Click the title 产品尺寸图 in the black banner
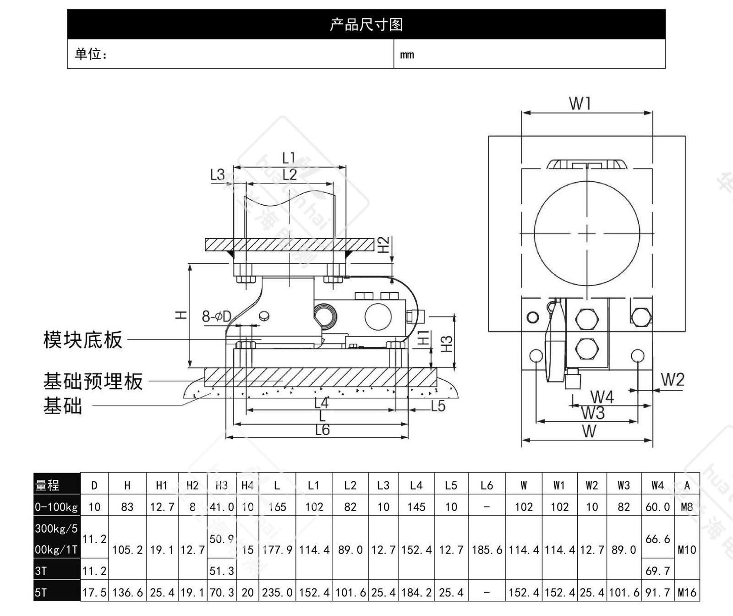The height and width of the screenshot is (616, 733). click(366, 24)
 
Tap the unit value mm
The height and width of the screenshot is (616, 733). click(407, 55)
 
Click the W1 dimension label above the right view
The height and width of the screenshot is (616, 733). click(580, 104)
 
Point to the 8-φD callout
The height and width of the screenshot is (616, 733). click(217, 316)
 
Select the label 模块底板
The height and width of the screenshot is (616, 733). click(83, 340)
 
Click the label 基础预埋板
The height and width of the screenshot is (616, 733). click(93, 381)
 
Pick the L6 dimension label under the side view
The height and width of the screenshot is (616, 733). click(323, 430)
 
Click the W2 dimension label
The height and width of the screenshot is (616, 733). click(673, 380)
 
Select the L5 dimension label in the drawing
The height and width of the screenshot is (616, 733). click(438, 406)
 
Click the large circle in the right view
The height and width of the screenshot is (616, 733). click(587, 233)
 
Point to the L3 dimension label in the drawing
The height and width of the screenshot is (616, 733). click(218, 174)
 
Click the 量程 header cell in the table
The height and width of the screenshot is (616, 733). click(48, 485)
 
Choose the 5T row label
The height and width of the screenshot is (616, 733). click(41, 593)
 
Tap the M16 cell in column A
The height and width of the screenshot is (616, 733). click(687, 593)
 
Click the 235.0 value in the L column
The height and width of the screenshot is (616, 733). click(277, 593)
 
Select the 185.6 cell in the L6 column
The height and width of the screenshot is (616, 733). click(487, 550)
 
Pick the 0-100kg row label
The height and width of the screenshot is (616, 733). click(56, 507)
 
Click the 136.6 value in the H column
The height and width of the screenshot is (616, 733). click(127, 593)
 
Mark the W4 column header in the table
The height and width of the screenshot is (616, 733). click(657, 485)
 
